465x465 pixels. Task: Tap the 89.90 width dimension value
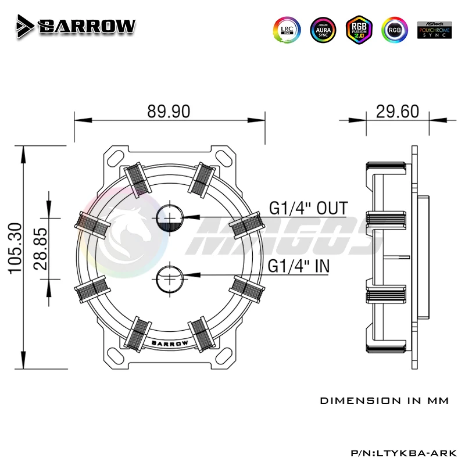pyautogui.click(x=169, y=112)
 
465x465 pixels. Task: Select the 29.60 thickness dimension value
pyautogui.click(x=398, y=112)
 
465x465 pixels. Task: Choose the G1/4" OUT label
pyautogui.click(x=308, y=208)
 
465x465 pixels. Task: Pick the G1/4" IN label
pyautogui.click(x=299, y=266)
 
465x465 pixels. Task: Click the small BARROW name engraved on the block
pyautogui.click(x=169, y=343)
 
